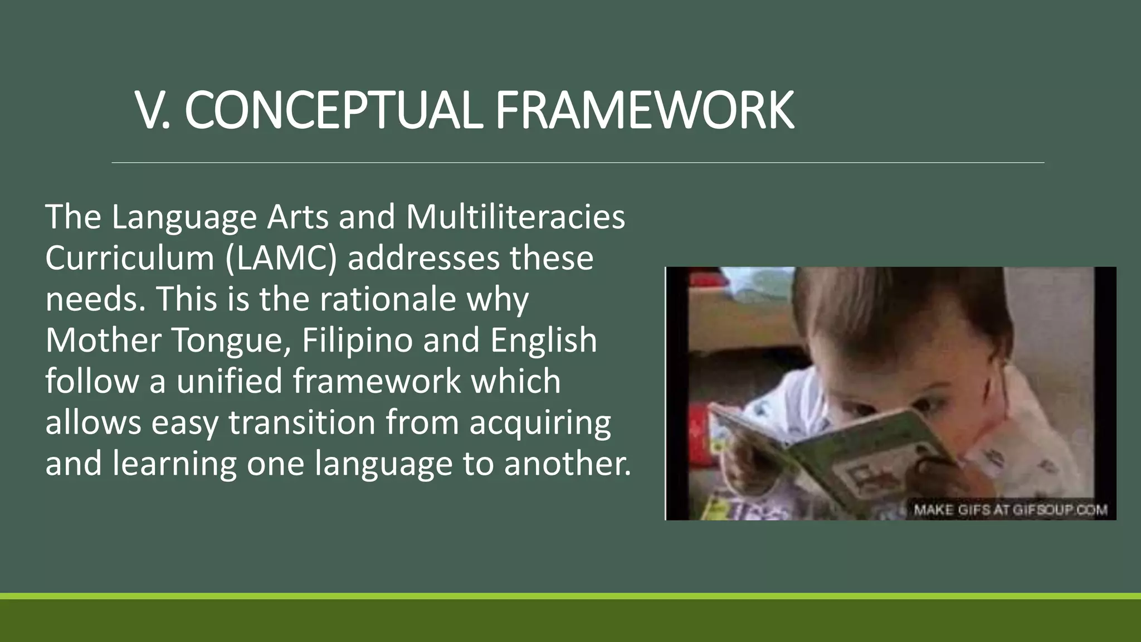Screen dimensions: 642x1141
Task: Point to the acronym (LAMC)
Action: [x=281, y=258]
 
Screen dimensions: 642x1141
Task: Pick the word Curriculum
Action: [x=130, y=258]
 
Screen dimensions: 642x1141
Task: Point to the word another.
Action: [x=568, y=464]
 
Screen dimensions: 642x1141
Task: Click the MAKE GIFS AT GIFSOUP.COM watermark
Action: [x=1010, y=510]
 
